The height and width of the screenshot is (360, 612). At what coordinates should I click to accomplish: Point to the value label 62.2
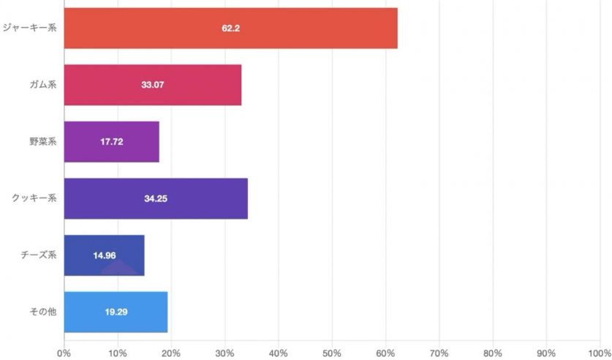coord(231,28)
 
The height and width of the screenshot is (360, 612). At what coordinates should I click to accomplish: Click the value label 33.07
coord(153,85)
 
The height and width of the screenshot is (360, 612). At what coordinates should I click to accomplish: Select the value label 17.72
coord(112,141)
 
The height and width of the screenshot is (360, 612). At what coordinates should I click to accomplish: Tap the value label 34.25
coord(156,198)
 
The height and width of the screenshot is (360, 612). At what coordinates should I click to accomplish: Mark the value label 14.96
coord(105,255)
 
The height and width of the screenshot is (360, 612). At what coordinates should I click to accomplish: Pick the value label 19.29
coord(116,312)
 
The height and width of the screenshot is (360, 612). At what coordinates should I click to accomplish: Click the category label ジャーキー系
coord(29,28)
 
